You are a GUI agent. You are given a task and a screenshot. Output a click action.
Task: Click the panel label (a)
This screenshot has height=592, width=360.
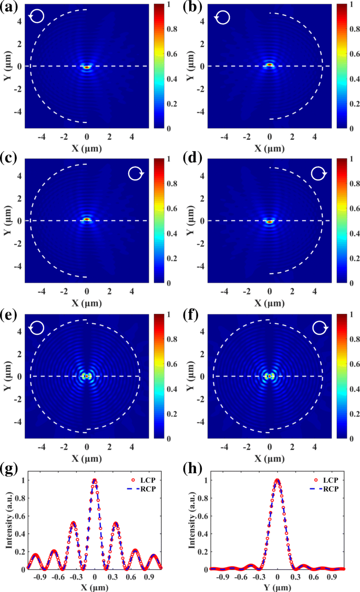[x=9, y=7]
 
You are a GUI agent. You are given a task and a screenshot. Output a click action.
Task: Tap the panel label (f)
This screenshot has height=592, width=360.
[x=192, y=318]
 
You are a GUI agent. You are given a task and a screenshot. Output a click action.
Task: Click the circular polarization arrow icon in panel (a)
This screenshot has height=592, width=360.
[x=38, y=16]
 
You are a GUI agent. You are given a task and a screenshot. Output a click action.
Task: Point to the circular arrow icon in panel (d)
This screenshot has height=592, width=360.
[x=319, y=173]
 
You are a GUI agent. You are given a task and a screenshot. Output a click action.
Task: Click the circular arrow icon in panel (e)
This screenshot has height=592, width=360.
[x=37, y=329]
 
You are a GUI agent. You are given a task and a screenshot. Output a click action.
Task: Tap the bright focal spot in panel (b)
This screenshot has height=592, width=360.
[x=270, y=65]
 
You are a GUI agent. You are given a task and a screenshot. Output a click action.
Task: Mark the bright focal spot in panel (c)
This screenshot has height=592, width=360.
[x=87, y=220]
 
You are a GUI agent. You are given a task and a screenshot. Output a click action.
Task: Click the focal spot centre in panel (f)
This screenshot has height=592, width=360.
[x=270, y=376]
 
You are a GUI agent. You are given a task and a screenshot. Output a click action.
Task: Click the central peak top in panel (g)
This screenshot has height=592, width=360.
[x=95, y=480]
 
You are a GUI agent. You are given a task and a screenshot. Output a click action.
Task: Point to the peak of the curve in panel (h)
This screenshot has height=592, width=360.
[x=277, y=480]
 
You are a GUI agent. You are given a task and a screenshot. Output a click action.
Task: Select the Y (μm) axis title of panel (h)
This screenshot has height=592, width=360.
[x=277, y=587]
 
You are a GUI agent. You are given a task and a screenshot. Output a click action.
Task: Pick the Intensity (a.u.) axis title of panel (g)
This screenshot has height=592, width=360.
[x=10, y=524]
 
